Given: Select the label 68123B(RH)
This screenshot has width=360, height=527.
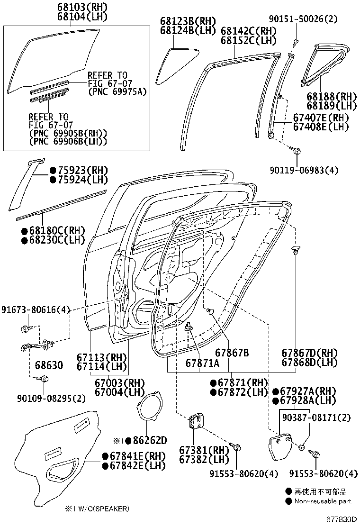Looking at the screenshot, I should point(188,21).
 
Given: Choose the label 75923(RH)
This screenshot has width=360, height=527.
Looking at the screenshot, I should point(78,170).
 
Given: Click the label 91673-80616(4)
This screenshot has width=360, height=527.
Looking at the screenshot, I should point(36,310).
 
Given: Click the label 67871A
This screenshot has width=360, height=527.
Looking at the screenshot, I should point(202,363).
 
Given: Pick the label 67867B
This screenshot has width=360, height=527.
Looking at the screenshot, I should point(232,353).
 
